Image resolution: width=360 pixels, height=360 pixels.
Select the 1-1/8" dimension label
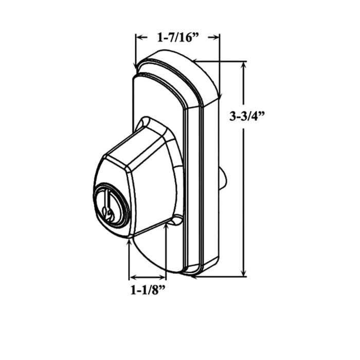click(x=148, y=290)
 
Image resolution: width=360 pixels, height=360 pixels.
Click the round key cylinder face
click(x=109, y=207)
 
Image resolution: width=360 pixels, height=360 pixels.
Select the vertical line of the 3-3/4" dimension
click(x=243, y=170)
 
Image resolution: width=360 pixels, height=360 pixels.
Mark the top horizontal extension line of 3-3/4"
click(x=221, y=62)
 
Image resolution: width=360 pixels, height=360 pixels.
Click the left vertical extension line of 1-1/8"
click(x=129, y=257)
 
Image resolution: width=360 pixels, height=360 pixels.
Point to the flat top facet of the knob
click(x=136, y=149)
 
